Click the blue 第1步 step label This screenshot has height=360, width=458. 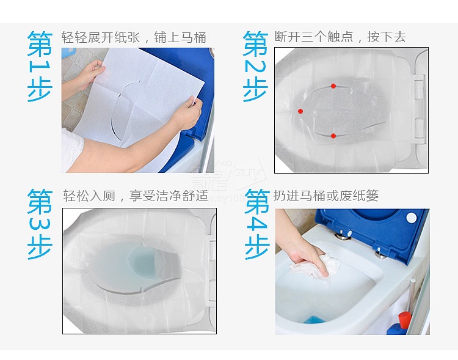pos(40,67)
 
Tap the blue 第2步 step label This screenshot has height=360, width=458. pos(255,67)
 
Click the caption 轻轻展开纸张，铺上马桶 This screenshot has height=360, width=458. pos(134,37)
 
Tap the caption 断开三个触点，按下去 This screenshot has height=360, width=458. pos(349,37)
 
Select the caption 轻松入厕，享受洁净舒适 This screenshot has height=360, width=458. pos(136,196)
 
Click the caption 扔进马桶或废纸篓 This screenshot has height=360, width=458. pos(335,196)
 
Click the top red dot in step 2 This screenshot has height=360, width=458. pos(333,86)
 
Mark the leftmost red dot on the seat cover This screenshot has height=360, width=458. pos(300,111)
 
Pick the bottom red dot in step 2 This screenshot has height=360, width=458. pos(333,136)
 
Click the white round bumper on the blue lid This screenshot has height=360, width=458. pos(411,216)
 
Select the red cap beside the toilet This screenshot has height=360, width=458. pos(404,317)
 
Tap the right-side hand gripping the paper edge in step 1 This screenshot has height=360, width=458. pos(187,112)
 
